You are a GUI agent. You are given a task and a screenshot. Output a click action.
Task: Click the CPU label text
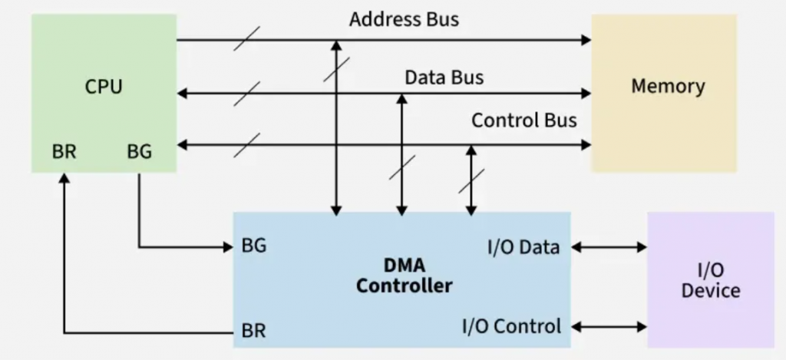[x=103, y=86]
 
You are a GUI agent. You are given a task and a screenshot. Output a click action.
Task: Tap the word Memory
[x=668, y=86]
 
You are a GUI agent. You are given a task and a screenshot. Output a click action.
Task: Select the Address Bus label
[x=404, y=19]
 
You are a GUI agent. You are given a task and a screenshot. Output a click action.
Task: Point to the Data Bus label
[x=444, y=78]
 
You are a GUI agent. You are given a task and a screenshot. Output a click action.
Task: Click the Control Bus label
[x=523, y=121]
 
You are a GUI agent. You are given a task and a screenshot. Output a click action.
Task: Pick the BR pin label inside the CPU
[x=64, y=152]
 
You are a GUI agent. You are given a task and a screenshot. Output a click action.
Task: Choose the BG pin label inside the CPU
[x=139, y=152]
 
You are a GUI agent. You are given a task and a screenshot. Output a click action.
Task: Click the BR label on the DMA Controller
[x=254, y=332]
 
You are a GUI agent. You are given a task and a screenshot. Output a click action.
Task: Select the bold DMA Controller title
[x=405, y=276]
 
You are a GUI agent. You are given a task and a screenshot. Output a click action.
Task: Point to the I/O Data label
[x=523, y=247]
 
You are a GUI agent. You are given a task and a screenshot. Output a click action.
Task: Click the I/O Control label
[x=512, y=326]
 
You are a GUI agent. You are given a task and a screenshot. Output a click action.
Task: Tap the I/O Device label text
[x=711, y=281]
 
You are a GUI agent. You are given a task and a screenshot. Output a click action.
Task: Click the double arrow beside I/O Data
[x=609, y=247]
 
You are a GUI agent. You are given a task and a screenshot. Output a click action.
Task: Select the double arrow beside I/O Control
[x=609, y=326]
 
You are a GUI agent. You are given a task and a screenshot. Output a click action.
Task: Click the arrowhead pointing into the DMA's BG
[x=227, y=246]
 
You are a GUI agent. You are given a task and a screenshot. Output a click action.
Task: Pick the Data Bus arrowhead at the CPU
[x=182, y=93]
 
